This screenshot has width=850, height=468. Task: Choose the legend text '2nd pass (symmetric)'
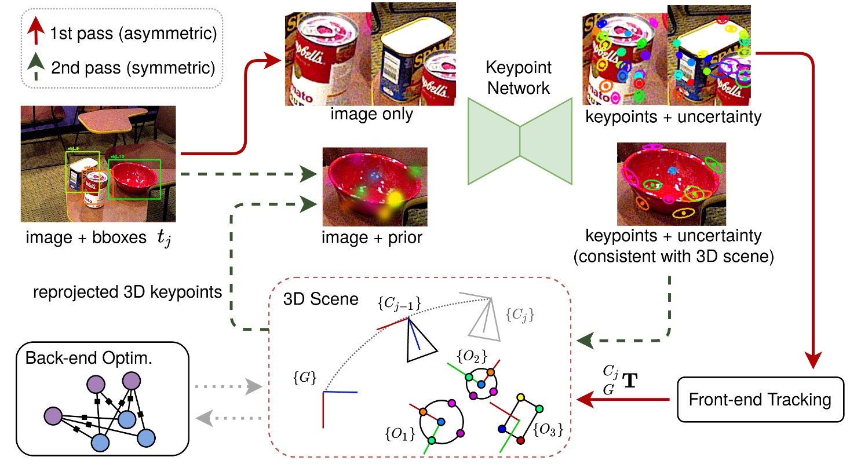[x=134, y=69]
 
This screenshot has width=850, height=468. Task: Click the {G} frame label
[x=305, y=378]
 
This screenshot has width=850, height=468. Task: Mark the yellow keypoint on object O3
[x=520, y=397]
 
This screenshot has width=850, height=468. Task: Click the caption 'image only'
[x=371, y=114]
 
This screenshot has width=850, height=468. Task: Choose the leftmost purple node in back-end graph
[x=53, y=415]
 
